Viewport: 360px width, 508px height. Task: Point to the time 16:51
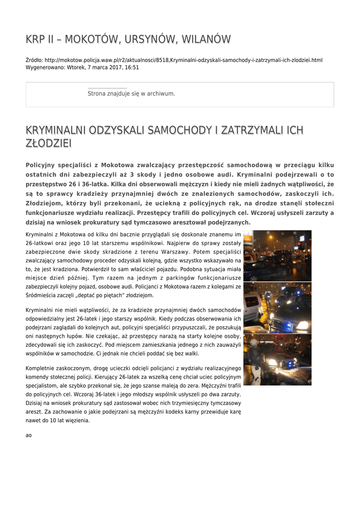pos(132,67)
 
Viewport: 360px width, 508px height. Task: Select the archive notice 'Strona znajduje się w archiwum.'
pos(131,93)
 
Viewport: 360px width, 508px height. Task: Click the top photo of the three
pos(277,256)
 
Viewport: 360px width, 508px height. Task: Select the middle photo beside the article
pos(277,308)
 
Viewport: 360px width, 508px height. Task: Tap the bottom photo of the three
pos(277,359)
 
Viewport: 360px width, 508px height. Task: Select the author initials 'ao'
pos(28,435)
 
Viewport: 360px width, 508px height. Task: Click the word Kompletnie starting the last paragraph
pos(41,368)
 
